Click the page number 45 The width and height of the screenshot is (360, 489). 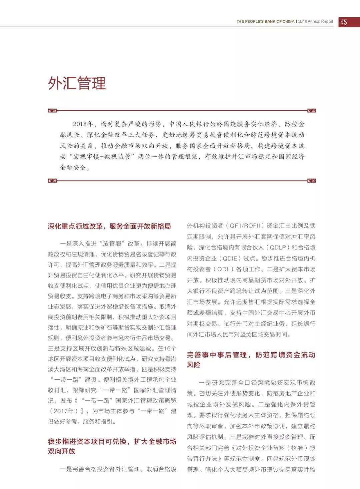344,22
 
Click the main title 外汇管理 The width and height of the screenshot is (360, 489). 77,83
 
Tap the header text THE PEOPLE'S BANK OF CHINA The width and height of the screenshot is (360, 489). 265,21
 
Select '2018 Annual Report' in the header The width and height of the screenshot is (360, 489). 316,21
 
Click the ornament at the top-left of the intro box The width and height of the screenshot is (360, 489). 52,111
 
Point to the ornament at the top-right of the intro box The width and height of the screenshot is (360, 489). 311,111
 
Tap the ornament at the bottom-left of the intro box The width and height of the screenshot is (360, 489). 52,181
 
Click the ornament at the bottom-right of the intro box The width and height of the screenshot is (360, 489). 311,181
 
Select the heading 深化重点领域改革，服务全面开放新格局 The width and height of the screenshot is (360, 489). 109,227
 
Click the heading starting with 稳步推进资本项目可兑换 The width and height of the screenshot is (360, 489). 112,446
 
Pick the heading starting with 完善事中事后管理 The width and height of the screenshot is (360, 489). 251,359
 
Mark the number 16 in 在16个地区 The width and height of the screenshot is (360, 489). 168,348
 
